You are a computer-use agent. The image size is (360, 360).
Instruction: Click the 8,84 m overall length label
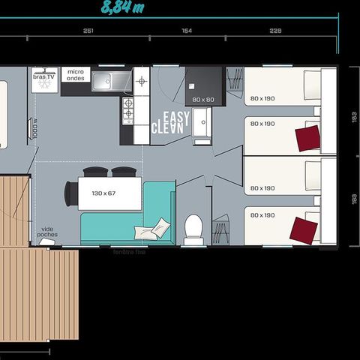(124, 8)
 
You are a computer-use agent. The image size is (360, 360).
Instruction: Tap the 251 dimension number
(88, 31)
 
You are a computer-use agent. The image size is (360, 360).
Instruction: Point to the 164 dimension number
(187, 31)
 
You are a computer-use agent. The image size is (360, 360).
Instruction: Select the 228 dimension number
(275, 31)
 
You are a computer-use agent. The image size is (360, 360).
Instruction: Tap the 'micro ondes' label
(75, 74)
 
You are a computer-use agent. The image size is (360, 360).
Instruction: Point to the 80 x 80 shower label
(204, 99)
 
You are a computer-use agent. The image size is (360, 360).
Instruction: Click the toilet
(193, 229)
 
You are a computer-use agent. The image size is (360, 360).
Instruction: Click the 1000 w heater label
(36, 128)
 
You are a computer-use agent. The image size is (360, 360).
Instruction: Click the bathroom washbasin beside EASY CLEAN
(203, 125)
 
